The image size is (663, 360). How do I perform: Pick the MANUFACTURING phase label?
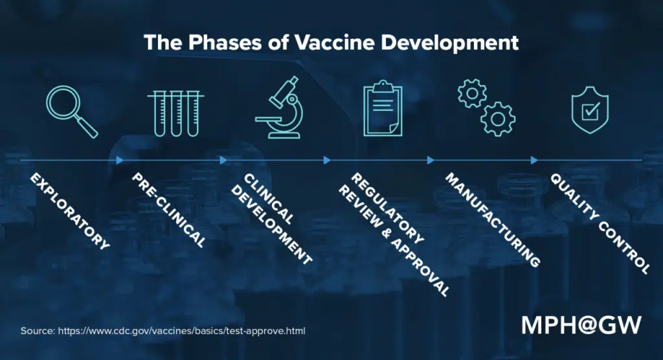(493, 220)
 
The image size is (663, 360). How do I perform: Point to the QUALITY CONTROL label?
(599, 223)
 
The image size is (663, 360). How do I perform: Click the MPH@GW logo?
(581, 324)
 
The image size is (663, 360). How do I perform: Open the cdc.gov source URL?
(181, 331)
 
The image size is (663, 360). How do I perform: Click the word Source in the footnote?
(38, 331)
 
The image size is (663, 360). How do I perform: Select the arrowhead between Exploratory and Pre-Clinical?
(120, 160)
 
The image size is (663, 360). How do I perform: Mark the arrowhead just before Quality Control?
(534, 160)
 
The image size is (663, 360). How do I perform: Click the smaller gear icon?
(471, 95)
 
